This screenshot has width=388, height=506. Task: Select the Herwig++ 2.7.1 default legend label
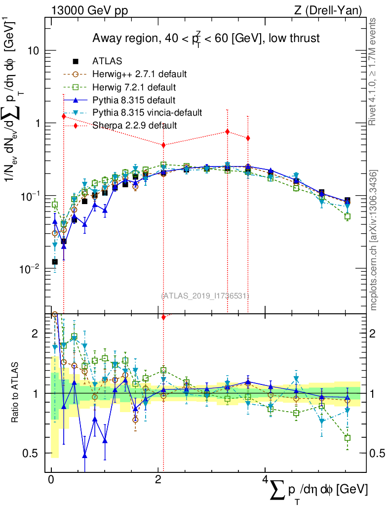click(x=139, y=74)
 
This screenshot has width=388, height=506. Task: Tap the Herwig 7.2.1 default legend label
click(x=134, y=87)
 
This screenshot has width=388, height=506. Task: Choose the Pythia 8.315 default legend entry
click(x=134, y=100)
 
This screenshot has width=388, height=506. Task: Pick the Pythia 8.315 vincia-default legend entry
click(x=147, y=113)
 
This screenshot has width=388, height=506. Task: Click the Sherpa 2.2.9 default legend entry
click(x=134, y=126)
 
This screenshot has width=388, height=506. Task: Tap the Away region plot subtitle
click(x=206, y=39)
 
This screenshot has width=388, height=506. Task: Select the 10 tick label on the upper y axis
click(x=33, y=51)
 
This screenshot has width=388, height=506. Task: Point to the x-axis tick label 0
click(x=51, y=480)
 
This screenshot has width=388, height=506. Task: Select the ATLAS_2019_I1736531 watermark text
click(x=205, y=295)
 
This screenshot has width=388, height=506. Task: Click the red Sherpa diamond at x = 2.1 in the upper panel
click(x=163, y=145)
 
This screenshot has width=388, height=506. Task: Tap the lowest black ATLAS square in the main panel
click(x=54, y=261)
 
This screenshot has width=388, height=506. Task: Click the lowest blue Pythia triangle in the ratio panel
click(x=85, y=456)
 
